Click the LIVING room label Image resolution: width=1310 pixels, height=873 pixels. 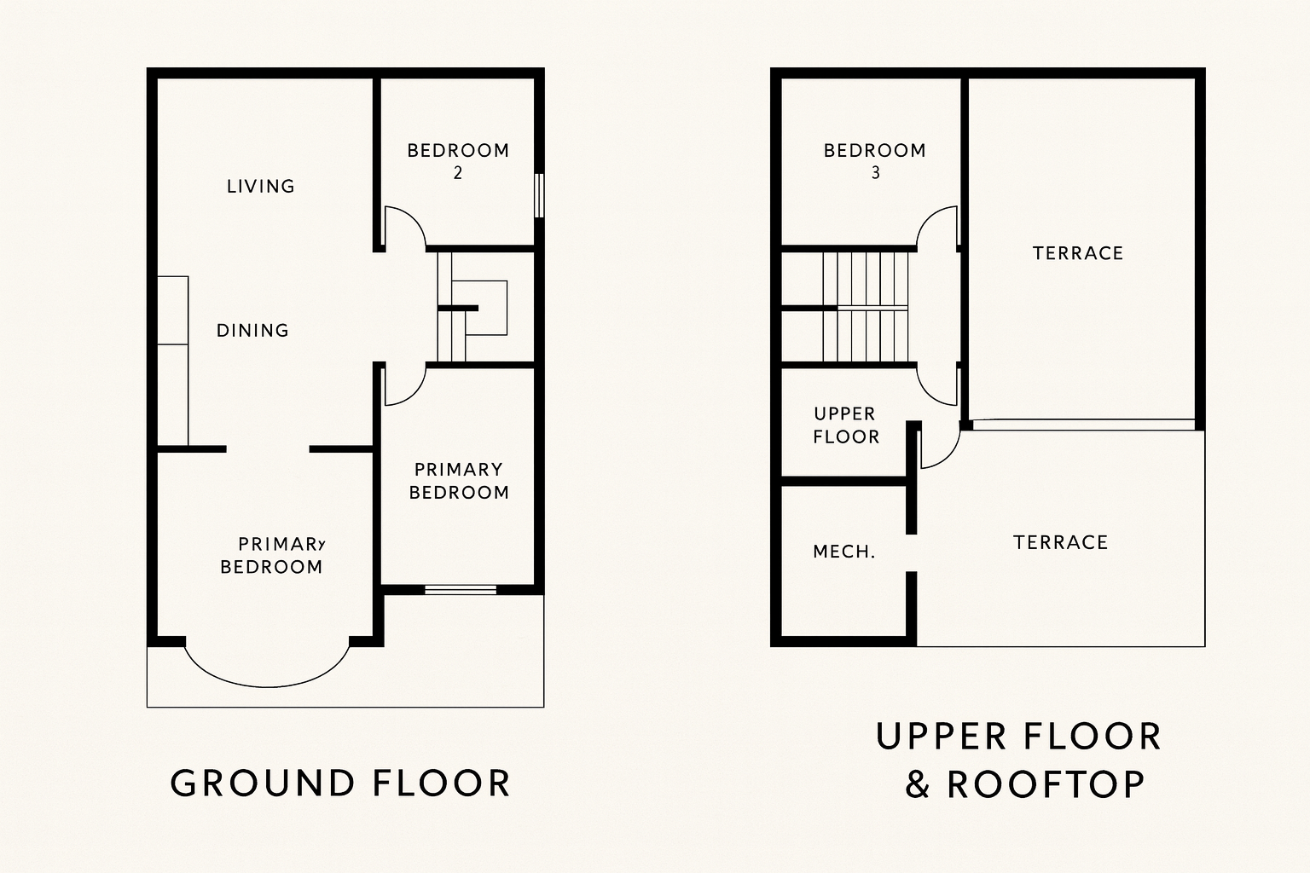click(260, 187)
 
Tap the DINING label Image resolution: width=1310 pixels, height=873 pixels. click(252, 331)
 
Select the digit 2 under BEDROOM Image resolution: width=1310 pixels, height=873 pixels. click(458, 173)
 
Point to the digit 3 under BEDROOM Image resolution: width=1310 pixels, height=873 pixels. click(876, 173)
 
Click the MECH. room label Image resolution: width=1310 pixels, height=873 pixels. click(843, 552)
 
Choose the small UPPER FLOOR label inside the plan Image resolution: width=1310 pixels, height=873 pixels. click(846, 425)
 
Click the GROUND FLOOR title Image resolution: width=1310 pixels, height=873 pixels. click(340, 783)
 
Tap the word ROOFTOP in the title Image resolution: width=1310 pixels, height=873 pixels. click(1046, 784)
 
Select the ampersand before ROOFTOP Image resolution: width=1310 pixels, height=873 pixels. click(918, 784)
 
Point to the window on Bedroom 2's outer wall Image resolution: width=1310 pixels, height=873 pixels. click(539, 195)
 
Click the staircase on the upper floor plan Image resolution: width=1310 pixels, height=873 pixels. click(866, 307)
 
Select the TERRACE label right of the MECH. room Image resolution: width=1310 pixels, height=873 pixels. click(1060, 542)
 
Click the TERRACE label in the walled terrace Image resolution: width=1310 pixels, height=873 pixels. click(1078, 253)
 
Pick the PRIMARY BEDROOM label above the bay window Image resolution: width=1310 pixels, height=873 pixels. click(272, 556)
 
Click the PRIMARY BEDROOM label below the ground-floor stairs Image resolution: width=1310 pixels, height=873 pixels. click(459, 481)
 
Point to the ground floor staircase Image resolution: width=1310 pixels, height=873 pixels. click(472, 307)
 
